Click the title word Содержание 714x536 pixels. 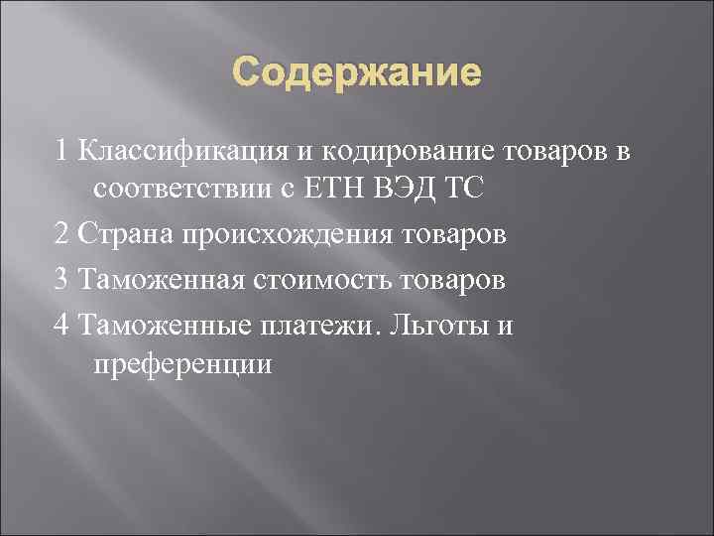pyautogui.click(x=357, y=74)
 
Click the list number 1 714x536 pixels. pyautogui.click(x=63, y=151)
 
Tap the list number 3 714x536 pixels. pyautogui.click(x=63, y=280)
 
